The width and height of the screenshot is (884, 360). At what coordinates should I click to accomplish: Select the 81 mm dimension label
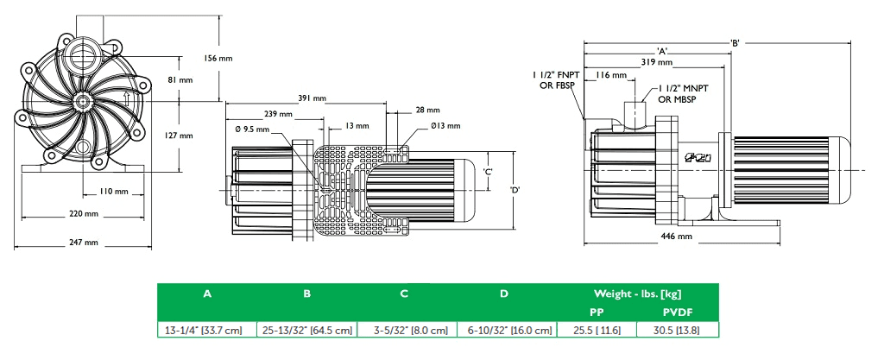179,79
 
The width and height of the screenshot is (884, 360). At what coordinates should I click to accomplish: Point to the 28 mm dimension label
426,111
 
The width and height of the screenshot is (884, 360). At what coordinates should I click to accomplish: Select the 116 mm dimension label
610,76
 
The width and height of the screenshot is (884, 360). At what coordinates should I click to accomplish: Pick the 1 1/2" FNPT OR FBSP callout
552,81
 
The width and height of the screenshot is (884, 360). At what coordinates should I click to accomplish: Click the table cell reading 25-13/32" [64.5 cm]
307,330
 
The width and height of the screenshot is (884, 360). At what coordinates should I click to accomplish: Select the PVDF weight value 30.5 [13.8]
677,330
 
